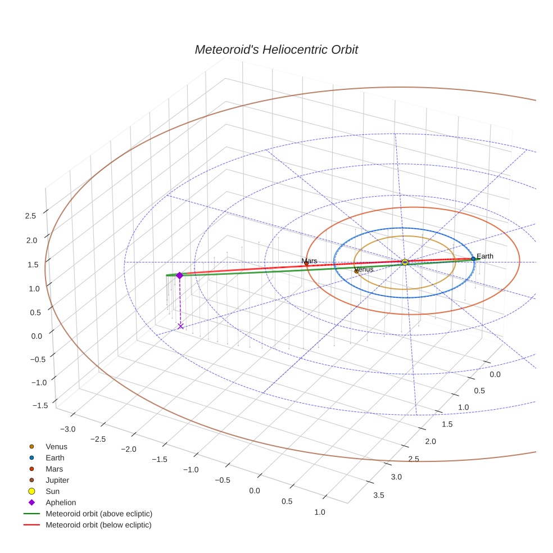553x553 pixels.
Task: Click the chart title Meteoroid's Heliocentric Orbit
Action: pyautogui.click(x=276, y=49)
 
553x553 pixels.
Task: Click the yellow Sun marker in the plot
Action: pyautogui.click(x=405, y=262)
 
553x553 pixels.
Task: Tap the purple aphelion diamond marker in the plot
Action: pyautogui.click(x=179, y=275)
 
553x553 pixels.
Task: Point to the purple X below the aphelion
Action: pyautogui.click(x=180, y=326)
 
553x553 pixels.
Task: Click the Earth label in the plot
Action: pyautogui.click(x=484, y=256)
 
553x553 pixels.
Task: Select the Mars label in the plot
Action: pyautogui.click(x=309, y=261)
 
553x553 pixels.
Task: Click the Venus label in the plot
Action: pyautogui.click(x=364, y=270)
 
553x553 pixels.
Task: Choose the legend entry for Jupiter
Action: pyautogui.click(x=57, y=480)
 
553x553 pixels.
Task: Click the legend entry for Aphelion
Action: pyautogui.click(x=60, y=502)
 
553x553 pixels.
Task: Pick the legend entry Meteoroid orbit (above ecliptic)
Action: pyautogui.click(x=98, y=514)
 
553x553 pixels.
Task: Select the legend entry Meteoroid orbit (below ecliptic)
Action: pyautogui.click(x=98, y=525)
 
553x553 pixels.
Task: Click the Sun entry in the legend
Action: pyautogui.click(x=52, y=491)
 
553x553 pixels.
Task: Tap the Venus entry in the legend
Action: pyautogui.click(x=56, y=446)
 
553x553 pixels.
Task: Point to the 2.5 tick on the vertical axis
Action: pyautogui.click(x=30, y=216)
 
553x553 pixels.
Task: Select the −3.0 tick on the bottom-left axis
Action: pyautogui.click(x=67, y=429)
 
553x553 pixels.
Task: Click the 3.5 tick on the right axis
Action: pyautogui.click(x=378, y=495)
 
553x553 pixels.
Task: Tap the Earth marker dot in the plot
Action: pyautogui.click(x=473, y=259)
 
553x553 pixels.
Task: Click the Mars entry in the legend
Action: pyautogui.click(x=54, y=469)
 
